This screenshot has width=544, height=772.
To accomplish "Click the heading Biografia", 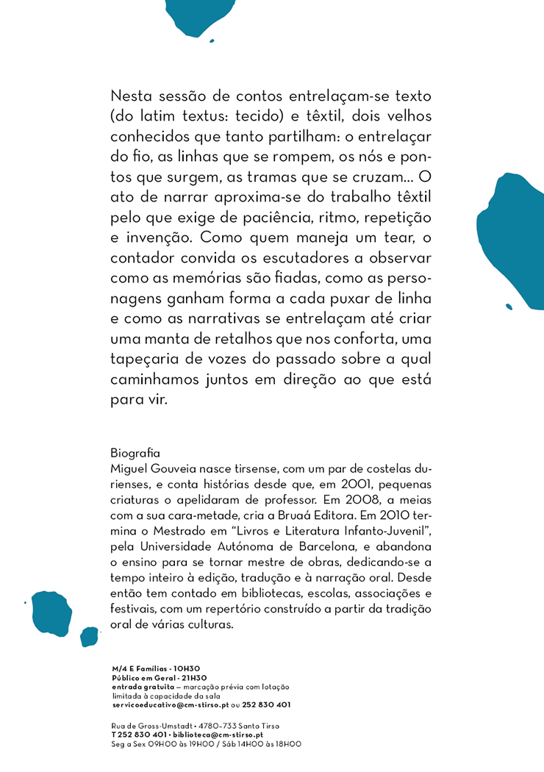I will click(135, 451).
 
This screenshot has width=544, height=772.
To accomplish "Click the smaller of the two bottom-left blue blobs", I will click(89, 636).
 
